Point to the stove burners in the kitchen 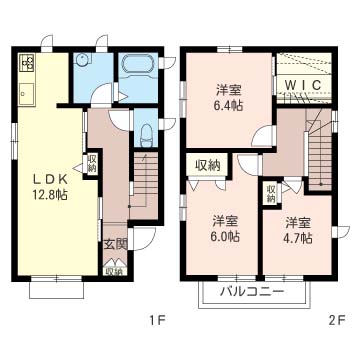coord(26,67)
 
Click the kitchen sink coord(26,95)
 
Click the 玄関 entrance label coord(113,244)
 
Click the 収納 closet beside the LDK coord(92,163)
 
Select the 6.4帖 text coord(227,103)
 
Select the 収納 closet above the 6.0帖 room coord(208,165)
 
